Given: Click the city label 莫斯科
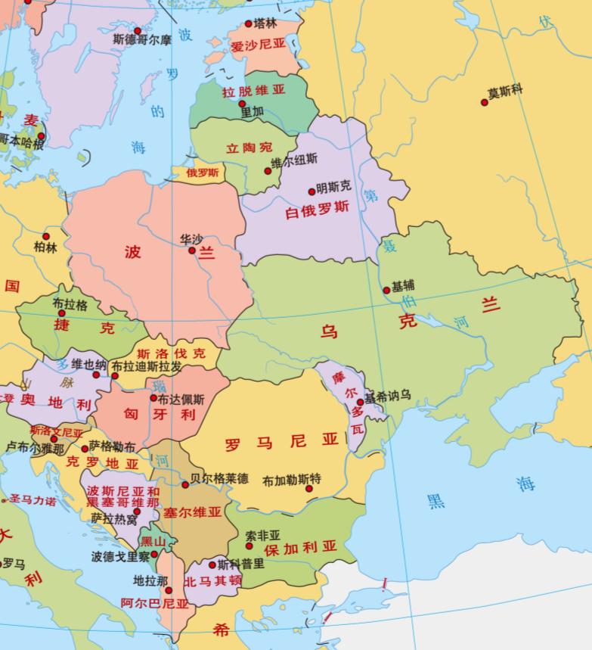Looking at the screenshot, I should coord(506,92).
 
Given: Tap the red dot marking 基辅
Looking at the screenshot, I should coord(387,290).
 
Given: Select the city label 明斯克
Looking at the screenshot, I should coord(334,186).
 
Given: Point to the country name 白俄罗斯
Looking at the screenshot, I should coord(317,207).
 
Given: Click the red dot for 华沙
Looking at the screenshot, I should coord(192,250).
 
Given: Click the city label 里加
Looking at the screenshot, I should coord(252,111).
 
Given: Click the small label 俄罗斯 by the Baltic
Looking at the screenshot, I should coord(203,173).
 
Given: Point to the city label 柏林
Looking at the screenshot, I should coord(45,247).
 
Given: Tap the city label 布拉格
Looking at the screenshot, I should coord(70,304).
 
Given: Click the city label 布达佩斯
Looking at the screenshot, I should coord(181,397).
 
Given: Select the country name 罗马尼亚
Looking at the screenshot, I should coord(281,441).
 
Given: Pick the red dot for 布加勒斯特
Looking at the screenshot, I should coord(309,489).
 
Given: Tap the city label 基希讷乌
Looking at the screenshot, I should coord(387,395).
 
